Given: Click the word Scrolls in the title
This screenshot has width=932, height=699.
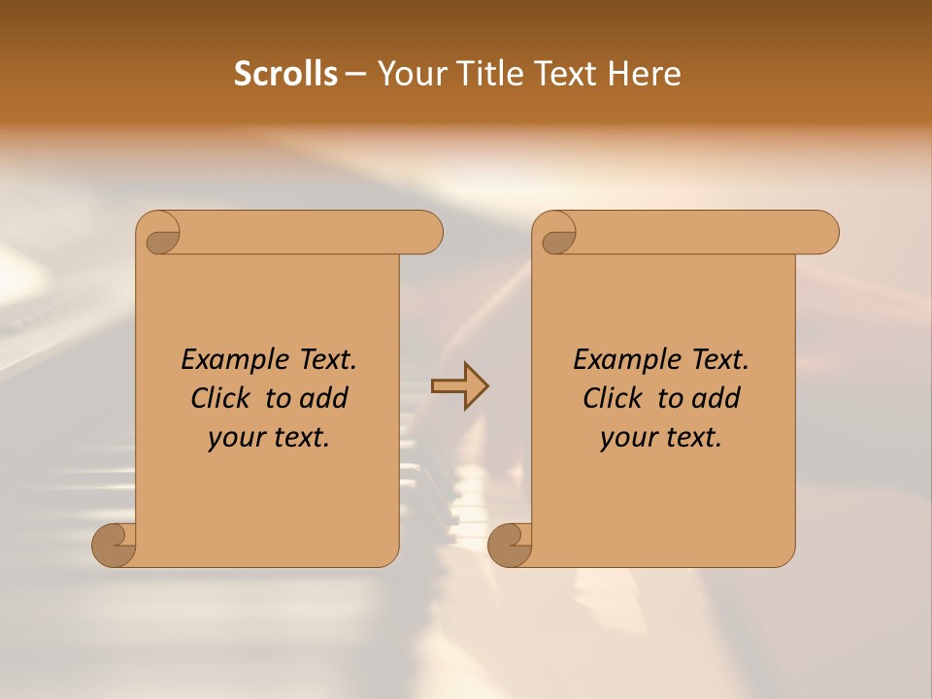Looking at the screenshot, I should pos(285,74).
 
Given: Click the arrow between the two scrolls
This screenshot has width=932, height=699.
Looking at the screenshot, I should pos(459,386).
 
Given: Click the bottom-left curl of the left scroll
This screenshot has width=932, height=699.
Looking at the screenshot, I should pos(115,544).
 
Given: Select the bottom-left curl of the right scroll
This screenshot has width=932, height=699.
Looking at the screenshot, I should pos(510,544).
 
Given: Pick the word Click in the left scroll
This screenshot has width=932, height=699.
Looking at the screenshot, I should pos(219,398).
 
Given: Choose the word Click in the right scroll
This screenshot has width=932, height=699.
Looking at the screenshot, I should pos(612,398).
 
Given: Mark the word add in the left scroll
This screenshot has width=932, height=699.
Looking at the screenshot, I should pos(324,398).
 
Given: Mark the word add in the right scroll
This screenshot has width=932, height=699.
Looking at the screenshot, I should pos(716,398).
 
